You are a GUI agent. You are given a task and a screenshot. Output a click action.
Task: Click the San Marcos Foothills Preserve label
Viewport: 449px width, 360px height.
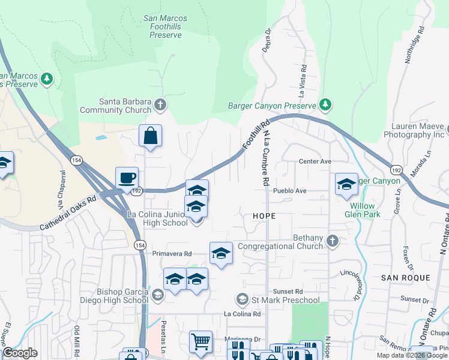(x=165, y=26)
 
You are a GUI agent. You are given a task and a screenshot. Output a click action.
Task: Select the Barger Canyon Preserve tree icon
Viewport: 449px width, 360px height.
(x=325, y=106)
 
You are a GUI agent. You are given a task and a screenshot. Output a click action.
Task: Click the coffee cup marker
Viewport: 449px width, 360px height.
(x=127, y=178)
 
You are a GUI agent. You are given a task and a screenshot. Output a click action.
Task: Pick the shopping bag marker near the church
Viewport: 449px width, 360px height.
(x=150, y=136)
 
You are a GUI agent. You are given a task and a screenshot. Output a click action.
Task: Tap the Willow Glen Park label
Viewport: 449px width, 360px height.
(x=366, y=209)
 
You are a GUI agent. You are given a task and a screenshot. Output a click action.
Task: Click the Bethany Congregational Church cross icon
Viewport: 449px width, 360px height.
(x=333, y=241)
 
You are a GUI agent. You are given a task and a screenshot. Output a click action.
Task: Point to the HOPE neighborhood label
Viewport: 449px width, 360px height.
(x=264, y=215)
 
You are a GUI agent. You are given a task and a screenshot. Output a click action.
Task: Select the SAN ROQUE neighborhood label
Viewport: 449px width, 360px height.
(x=406, y=278)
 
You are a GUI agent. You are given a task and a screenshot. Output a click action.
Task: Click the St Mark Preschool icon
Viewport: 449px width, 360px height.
(x=242, y=299)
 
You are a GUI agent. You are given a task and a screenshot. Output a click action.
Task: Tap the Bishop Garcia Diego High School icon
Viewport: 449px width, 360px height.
(x=157, y=294)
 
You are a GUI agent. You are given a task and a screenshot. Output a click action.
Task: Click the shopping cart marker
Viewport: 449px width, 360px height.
(x=201, y=342)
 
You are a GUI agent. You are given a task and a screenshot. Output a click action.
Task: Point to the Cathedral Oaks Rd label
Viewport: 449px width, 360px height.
(x=68, y=214)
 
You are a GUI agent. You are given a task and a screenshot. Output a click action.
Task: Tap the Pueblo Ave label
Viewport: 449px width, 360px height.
(x=290, y=191)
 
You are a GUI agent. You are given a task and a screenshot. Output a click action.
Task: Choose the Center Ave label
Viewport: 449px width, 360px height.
(x=315, y=162)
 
